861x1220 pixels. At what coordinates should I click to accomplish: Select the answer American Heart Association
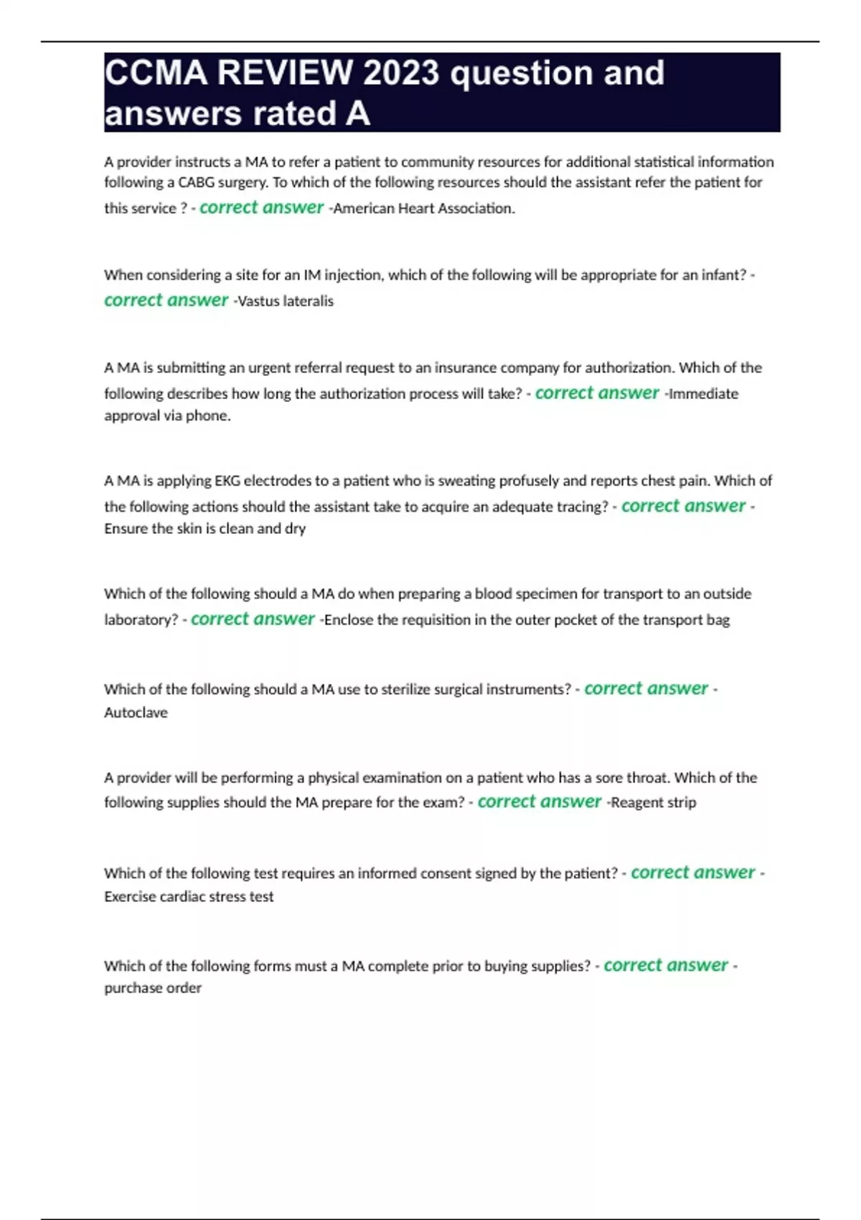(424, 209)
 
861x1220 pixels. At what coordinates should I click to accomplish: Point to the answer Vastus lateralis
(286, 301)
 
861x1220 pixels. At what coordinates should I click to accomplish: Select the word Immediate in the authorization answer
(703, 393)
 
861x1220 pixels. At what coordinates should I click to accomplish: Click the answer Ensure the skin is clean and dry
(205, 529)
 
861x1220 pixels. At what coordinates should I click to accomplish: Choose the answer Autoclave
(136, 713)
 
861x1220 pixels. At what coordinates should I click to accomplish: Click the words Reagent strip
(653, 802)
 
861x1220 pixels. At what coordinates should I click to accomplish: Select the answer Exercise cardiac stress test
(189, 896)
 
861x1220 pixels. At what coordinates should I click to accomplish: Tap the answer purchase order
(153, 988)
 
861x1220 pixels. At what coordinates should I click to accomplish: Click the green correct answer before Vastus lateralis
(166, 300)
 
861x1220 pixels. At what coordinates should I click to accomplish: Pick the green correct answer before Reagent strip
(540, 802)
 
